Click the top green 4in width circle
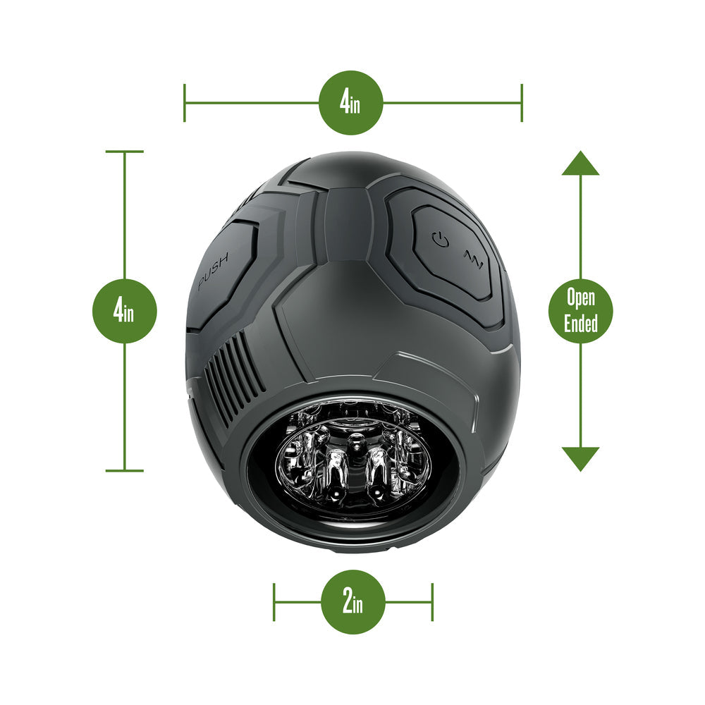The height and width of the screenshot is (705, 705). (350, 102)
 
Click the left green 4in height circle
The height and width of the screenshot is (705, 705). (125, 311)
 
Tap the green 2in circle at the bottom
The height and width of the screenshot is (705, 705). (353, 602)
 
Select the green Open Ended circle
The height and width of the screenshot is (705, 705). (580, 311)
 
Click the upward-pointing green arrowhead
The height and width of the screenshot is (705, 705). (580, 163)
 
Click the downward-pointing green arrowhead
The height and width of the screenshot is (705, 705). (580, 459)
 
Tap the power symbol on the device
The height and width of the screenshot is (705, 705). (440, 239)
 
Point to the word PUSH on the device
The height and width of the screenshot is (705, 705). (214, 270)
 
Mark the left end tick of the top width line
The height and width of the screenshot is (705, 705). (184, 102)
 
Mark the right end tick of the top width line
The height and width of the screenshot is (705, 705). (522, 102)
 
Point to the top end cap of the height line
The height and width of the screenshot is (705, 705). (125, 152)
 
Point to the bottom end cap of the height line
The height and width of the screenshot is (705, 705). (125, 471)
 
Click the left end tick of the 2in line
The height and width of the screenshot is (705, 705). (274, 602)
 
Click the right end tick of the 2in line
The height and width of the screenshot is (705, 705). (432, 602)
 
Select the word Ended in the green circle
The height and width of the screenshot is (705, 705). (581, 324)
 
